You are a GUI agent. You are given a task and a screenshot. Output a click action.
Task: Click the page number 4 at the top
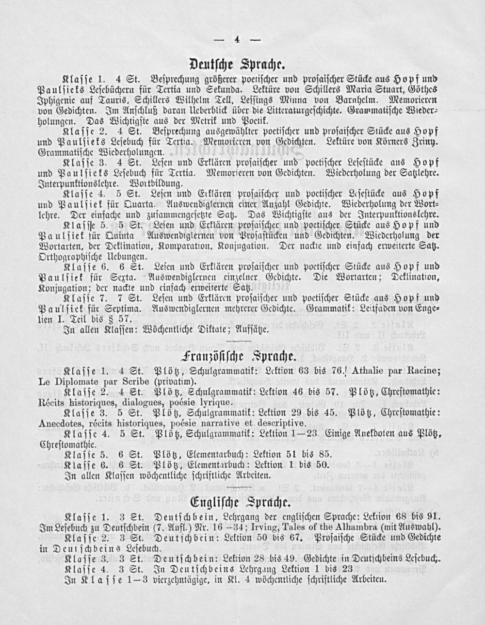point(238,40)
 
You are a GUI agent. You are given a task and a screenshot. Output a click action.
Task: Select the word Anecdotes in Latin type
point(58,423)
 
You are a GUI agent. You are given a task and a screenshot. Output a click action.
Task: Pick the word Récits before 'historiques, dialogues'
point(51,402)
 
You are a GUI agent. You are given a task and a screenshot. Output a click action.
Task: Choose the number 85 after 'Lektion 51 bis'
point(324,455)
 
